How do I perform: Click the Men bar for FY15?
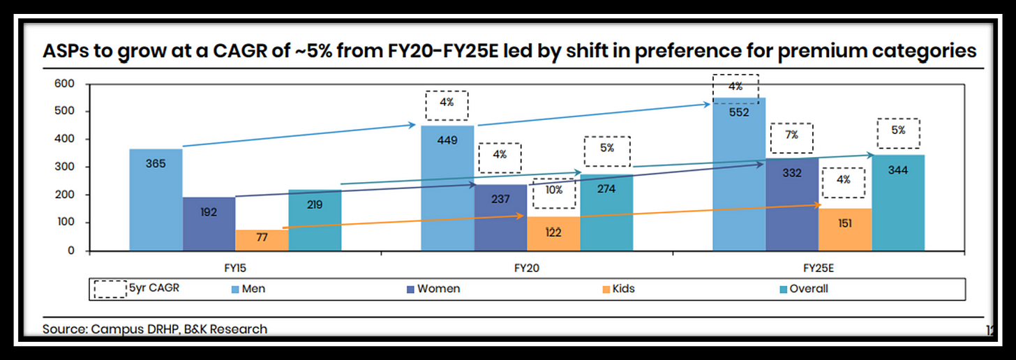(x=156, y=199)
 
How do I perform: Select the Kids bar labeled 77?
(x=262, y=240)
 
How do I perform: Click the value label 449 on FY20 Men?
(x=447, y=140)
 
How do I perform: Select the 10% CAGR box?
(x=553, y=193)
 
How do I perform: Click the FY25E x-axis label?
(x=819, y=267)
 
